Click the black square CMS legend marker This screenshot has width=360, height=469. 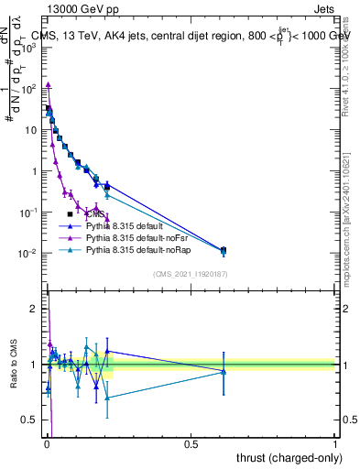(71, 213)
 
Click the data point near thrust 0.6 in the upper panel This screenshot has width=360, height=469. (224, 249)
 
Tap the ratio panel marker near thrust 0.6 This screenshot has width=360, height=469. (224, 371)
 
